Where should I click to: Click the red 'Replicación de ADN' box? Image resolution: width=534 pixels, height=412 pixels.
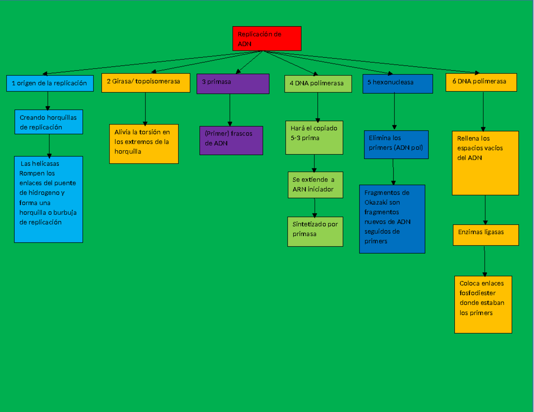(x=267, y=38)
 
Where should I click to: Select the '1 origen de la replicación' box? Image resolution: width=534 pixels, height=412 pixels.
(x=50, y=83)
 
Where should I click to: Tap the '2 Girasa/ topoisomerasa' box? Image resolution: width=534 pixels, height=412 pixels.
(x=146, y=83)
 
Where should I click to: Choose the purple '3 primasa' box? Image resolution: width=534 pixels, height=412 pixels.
(x=233, y=84)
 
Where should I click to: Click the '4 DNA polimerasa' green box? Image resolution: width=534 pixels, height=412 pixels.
(x=317, y=84)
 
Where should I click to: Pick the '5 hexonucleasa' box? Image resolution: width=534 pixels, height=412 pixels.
(x=397, y=84)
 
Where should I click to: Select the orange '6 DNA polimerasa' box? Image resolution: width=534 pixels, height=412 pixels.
(x=481, y=82)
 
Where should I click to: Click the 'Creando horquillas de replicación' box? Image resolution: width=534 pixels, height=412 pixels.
(x=49, y=122)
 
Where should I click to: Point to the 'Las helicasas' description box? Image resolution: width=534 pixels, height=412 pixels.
(x=49, y=199)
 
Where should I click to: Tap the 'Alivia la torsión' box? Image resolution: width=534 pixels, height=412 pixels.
(x=144, y=144)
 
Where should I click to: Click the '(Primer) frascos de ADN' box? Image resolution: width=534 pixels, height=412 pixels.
(x=231, y=140)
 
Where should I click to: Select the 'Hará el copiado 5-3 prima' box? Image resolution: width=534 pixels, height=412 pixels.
(x=314, y=137)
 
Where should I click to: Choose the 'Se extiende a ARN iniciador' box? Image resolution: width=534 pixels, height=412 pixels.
(x=315, y=184)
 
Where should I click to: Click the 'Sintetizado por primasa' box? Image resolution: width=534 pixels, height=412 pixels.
(x=315, y=231)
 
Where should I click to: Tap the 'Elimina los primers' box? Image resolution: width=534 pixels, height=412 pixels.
(x=396, y=144)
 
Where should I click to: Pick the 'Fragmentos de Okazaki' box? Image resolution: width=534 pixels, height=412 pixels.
(x=392, y=219)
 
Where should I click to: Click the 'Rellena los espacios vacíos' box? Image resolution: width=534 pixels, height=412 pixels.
(x=485, y=163)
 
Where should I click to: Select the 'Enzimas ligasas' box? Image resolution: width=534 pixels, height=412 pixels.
(x=485, y=235)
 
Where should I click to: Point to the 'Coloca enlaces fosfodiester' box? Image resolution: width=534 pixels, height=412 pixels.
(x=483, y=304)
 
